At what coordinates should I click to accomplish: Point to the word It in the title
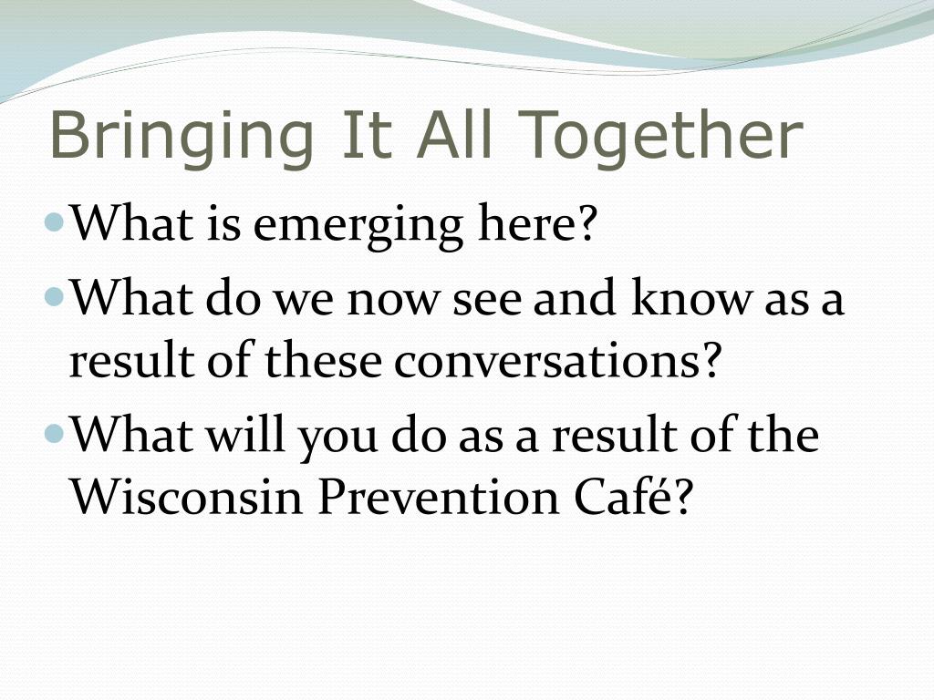367,134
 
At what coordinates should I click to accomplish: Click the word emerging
358,226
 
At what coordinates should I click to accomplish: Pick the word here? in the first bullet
537,221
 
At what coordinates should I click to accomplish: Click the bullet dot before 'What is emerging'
54,222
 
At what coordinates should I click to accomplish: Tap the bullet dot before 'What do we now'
54,296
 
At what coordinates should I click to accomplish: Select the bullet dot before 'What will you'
54,433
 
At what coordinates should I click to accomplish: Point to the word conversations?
557,361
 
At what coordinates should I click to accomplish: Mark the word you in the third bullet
337,439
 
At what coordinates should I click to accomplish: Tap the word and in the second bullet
575,296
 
